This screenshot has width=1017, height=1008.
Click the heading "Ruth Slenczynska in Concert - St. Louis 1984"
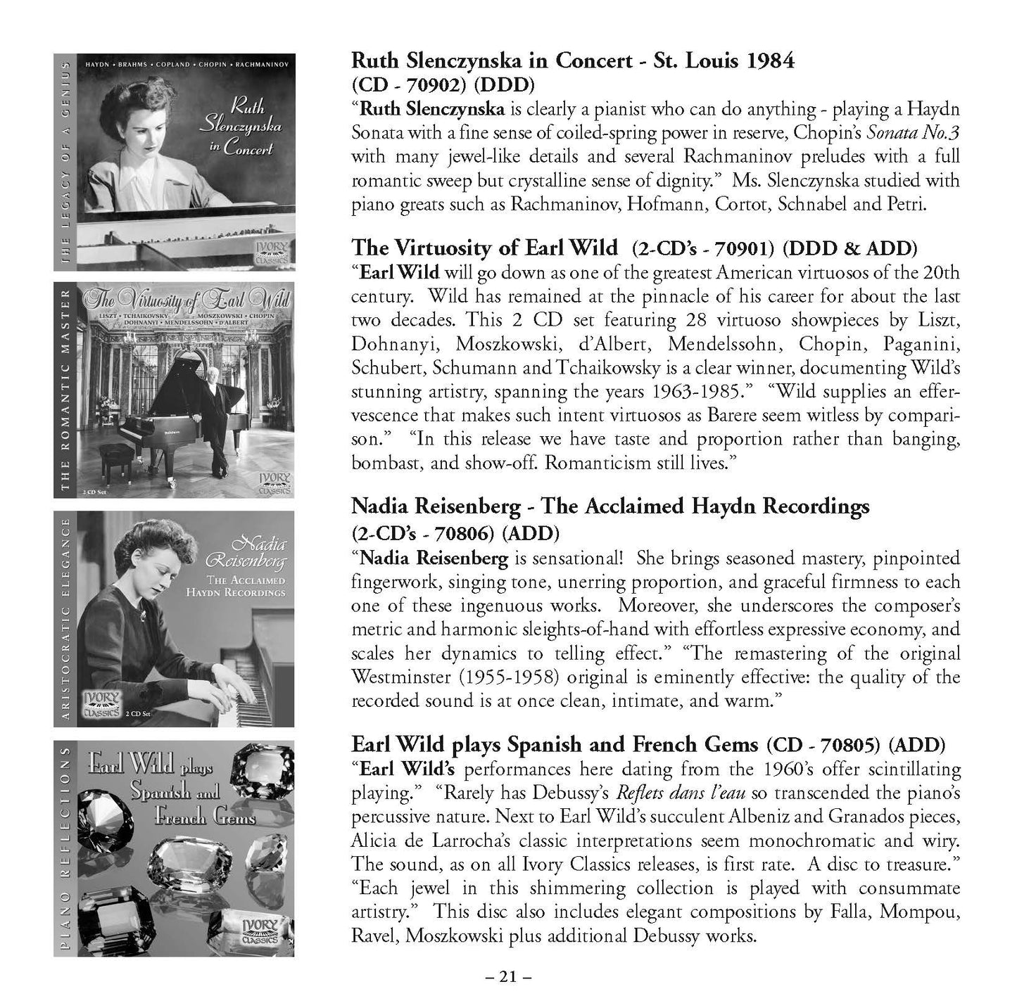coord(572,60)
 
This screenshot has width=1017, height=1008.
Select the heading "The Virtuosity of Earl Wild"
coord(484,248)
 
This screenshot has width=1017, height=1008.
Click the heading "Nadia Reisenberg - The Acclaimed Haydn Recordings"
coord(609,506)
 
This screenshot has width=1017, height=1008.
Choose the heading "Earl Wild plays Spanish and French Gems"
coord(555,744)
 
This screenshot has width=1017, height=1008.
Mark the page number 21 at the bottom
coord(507,976)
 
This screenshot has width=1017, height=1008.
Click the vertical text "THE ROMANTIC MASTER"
coord(65,390)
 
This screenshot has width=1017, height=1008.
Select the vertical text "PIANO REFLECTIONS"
coord(65,849)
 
